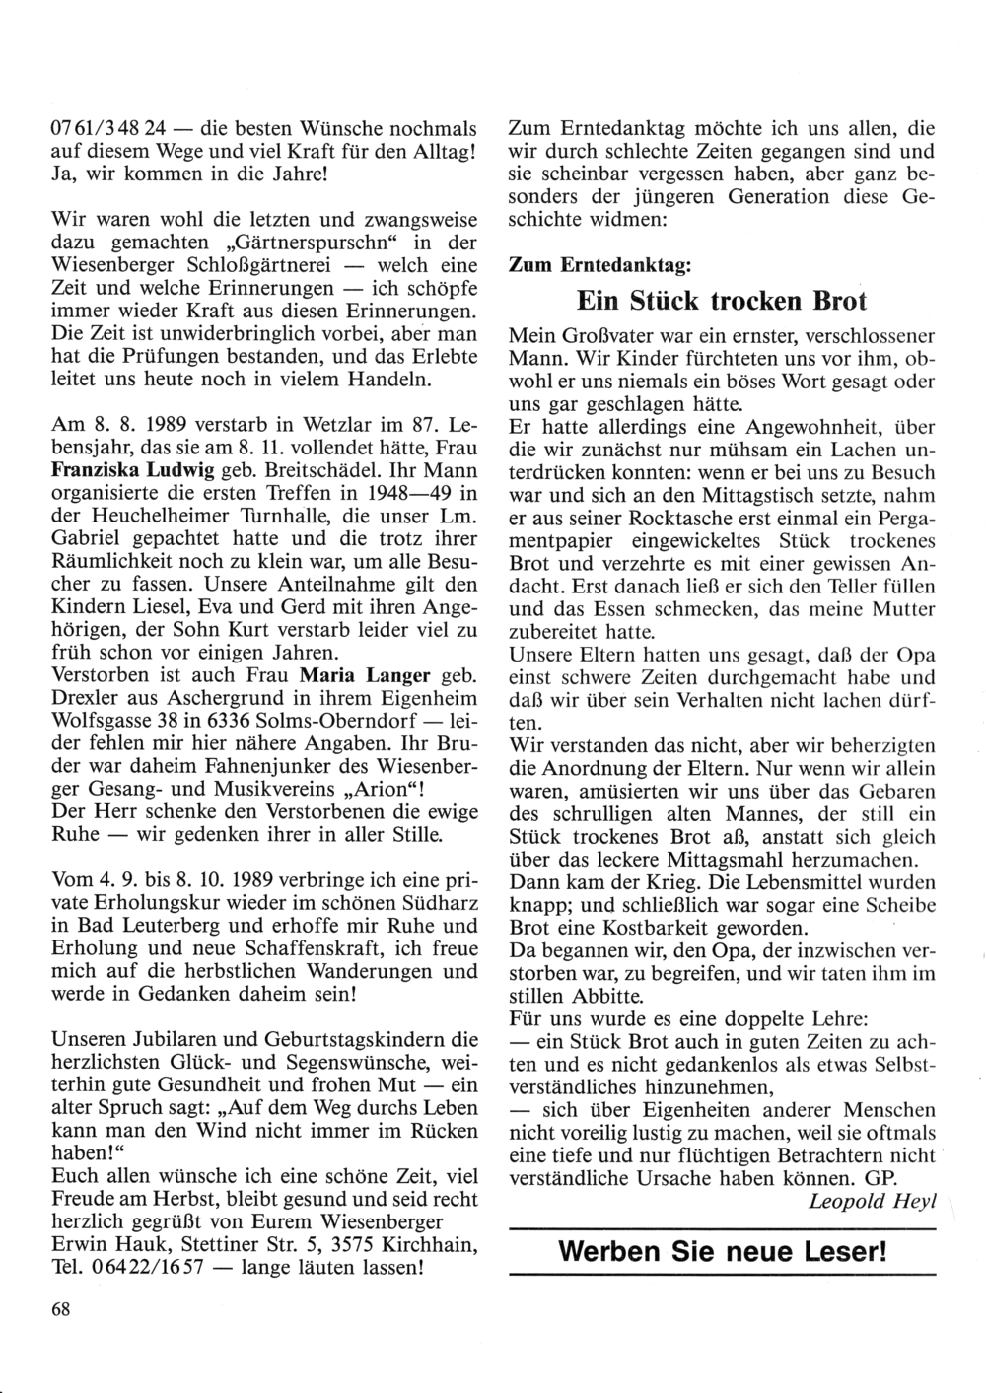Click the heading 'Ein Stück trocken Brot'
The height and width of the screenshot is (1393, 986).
tap(720, 301)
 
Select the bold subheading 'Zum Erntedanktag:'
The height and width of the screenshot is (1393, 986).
tap(599, 265)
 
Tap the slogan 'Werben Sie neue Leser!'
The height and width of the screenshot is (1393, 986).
tap(722, 1252)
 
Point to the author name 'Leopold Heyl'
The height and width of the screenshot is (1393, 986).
tap(872, 1200)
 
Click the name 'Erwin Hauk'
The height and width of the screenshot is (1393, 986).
tap(105, 1243)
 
